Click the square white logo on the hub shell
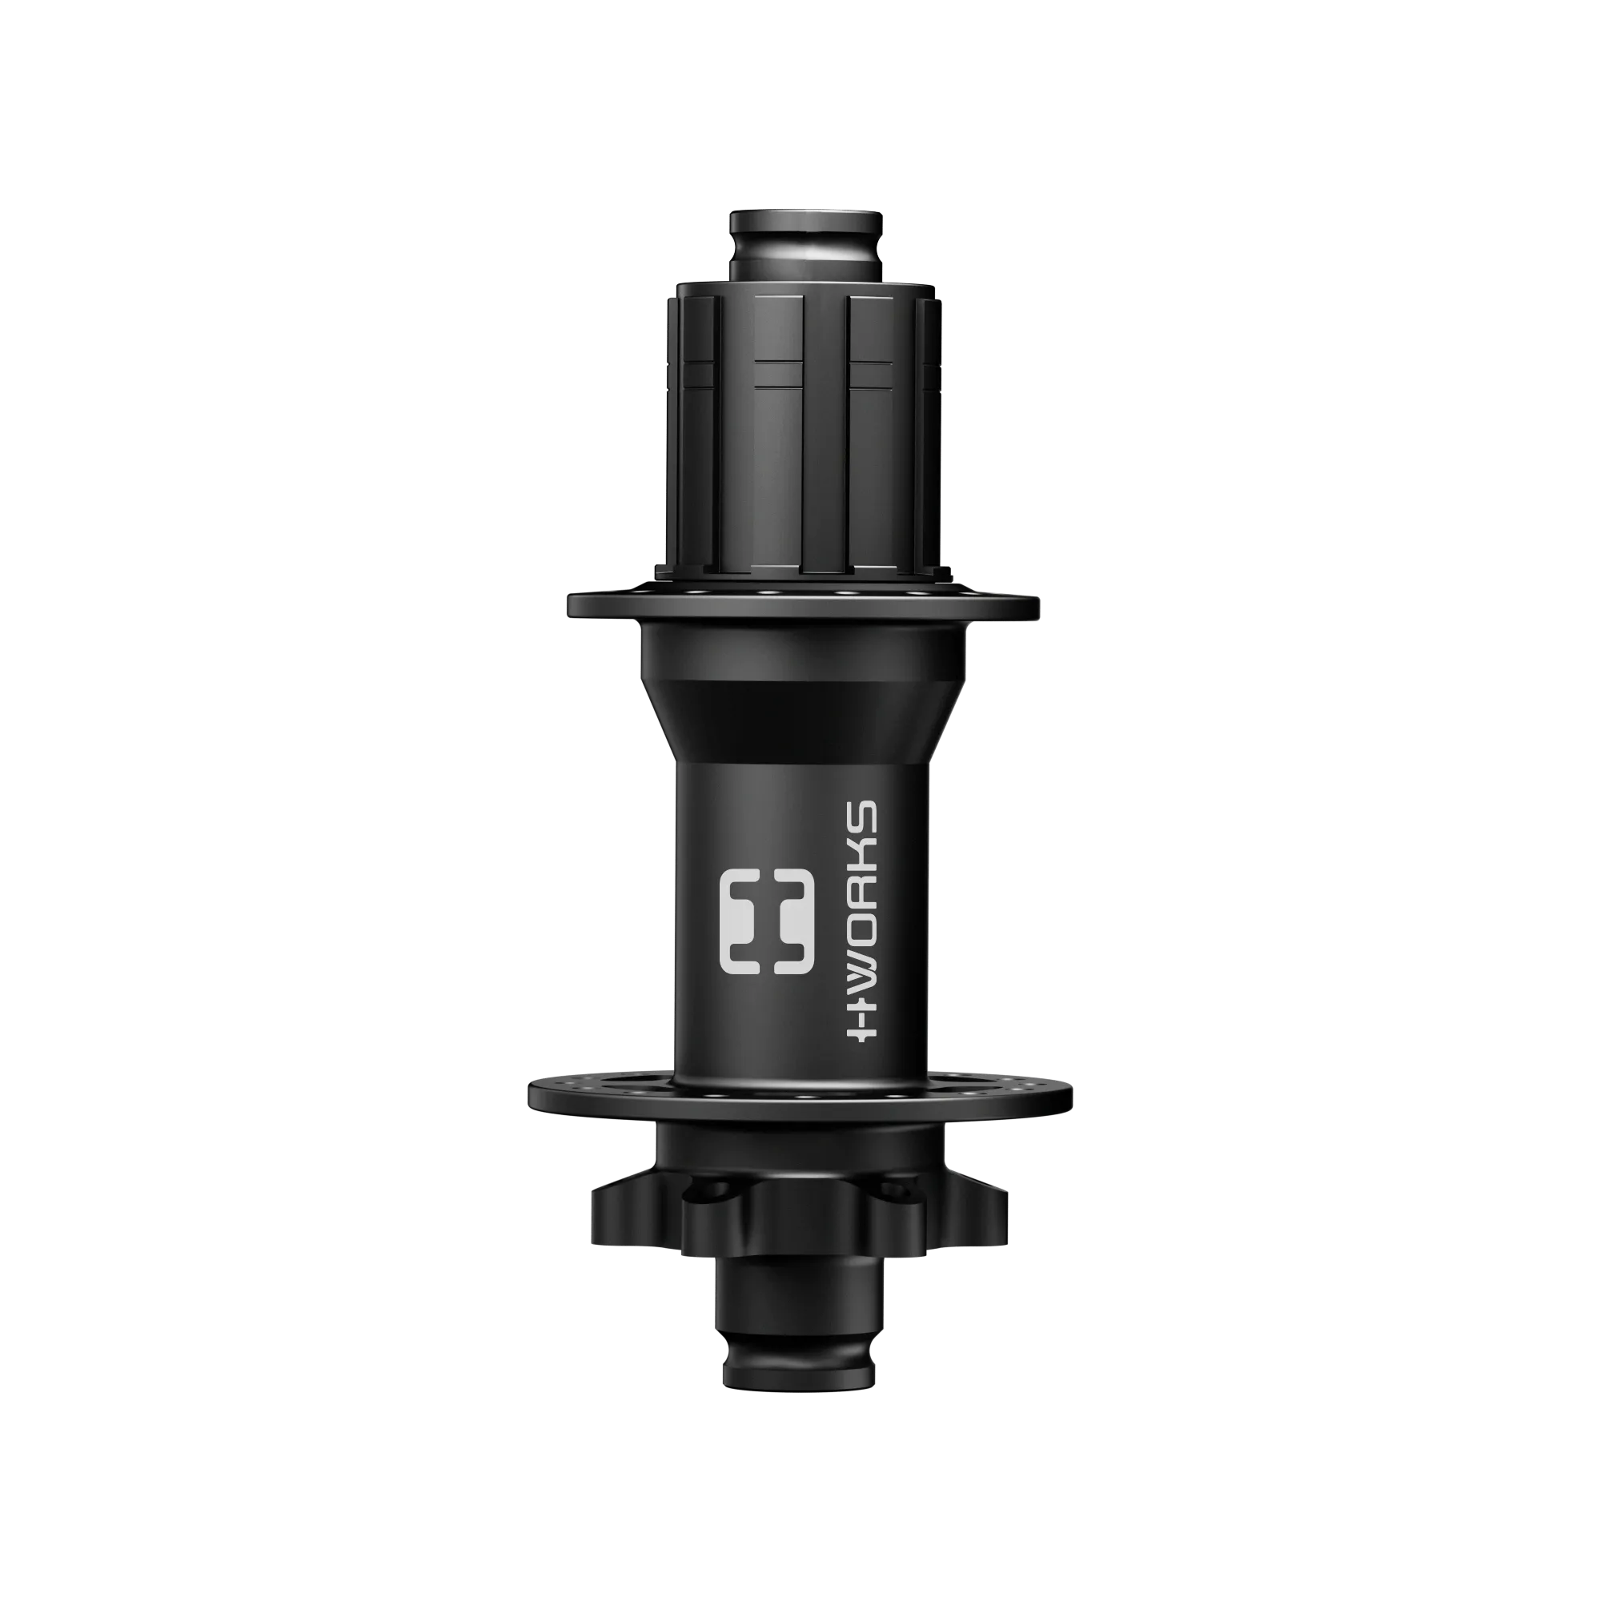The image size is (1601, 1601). point(767,921)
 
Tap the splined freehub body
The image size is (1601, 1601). point(802,431)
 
